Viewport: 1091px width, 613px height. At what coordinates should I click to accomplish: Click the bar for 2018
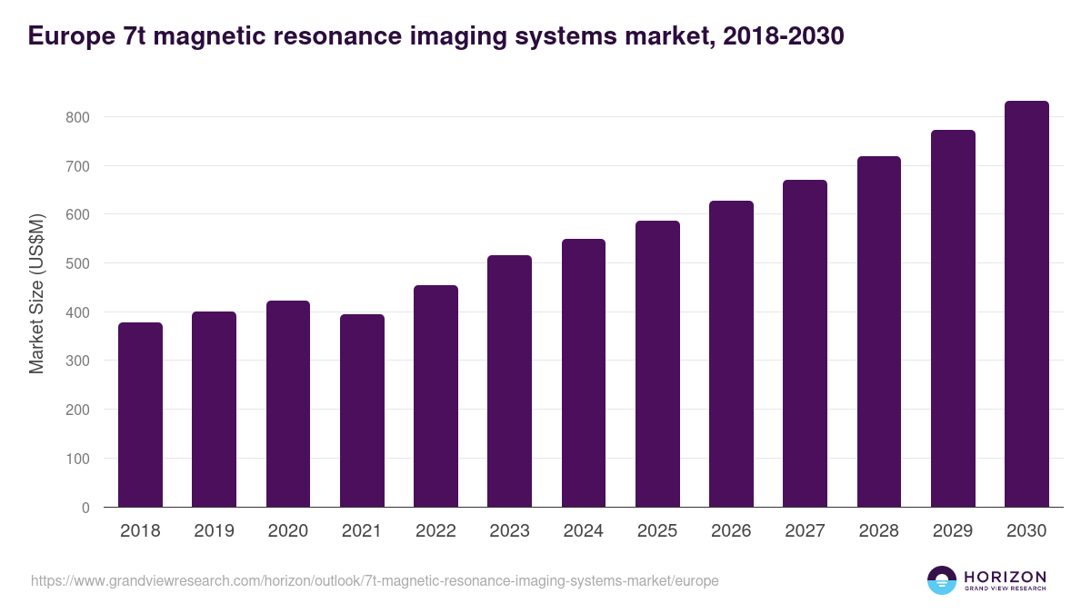point(140,415)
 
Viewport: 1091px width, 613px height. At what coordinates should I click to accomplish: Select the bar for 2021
point(362,410)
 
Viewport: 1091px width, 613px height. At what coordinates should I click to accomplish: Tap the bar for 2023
point(509,381)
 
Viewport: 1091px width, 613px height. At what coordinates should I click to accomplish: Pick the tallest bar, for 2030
point(1026,304)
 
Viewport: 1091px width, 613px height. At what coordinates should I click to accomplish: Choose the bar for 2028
point(879,331)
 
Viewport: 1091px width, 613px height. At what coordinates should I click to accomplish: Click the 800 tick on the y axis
point(77,117)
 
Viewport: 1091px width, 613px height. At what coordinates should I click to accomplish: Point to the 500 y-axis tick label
point(77,263)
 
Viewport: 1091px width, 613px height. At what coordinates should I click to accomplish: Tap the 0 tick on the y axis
point(85,508)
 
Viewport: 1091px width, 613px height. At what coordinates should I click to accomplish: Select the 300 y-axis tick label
point(77,361)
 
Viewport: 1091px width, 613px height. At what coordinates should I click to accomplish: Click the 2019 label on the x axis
point(214,531)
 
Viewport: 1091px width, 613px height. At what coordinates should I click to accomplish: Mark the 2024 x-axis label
point(583,531)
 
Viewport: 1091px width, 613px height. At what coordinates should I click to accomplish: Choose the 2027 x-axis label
point(805,531)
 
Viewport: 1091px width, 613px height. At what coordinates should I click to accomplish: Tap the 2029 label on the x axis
point(953,531)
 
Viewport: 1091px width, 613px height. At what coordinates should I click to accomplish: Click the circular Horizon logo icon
point(942,580)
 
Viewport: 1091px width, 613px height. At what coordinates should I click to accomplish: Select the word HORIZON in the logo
point(1005,577)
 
